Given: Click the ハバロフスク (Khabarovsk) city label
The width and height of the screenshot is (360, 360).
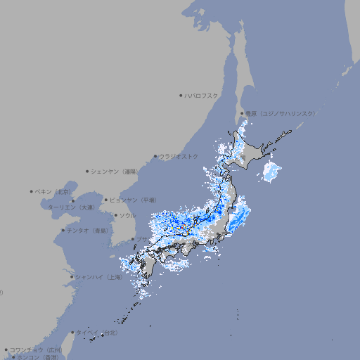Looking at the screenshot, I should click(202, 95).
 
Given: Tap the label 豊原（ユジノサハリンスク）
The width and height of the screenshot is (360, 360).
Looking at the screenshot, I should click(280, 113).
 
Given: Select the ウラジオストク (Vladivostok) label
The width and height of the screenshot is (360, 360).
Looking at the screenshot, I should click(179, 156).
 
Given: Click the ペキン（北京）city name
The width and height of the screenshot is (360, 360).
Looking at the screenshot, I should click(53, 191).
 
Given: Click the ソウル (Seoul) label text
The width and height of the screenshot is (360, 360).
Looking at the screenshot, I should click(127, 215).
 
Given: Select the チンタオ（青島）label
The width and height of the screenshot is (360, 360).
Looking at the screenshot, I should click(87, 230).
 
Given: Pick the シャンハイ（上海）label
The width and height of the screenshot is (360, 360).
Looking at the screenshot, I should click(98, 277).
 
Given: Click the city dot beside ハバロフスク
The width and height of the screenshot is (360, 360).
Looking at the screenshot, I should click(181, 95).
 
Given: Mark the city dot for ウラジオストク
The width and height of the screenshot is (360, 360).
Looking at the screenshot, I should click(155, 156).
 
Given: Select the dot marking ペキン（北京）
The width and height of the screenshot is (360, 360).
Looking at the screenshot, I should click(32, 191).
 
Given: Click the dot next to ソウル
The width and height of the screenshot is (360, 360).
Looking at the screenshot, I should click(115, 215).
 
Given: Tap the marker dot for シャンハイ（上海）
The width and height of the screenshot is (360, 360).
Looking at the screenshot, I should click(72, 277).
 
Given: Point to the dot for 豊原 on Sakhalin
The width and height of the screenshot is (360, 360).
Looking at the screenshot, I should click(241, 113).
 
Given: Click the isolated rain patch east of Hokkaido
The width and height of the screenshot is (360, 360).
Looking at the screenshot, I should click(271, 171).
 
